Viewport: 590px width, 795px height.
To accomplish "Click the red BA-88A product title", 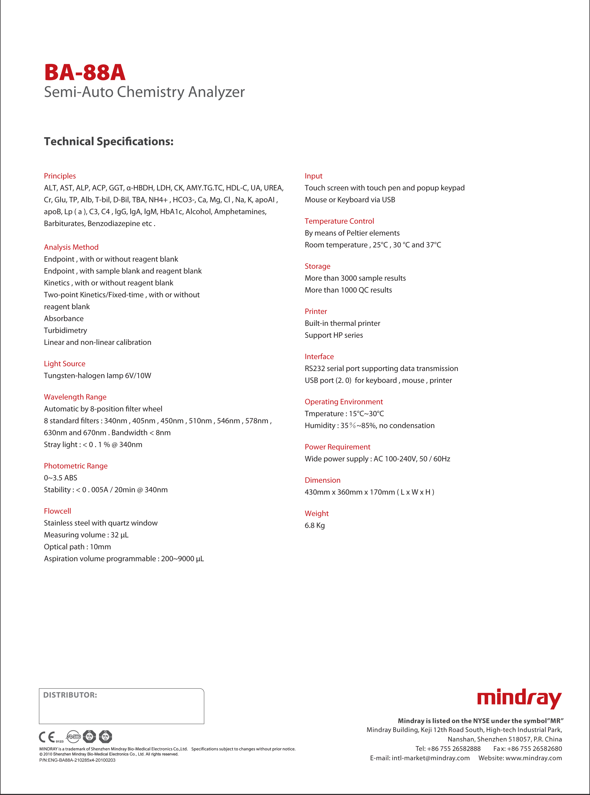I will [85, 73].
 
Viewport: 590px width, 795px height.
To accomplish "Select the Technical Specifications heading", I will [108, 141].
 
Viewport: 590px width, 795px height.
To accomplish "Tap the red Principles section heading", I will [60, 176].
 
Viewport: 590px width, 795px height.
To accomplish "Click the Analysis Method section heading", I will [71, 247].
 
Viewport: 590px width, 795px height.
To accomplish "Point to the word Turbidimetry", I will [65, 330].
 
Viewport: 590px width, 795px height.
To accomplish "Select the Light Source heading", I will [65, 364].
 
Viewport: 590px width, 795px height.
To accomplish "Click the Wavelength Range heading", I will [75, 397].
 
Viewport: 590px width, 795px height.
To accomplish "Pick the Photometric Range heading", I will [76, 466].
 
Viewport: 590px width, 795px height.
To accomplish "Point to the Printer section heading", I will [316, 311].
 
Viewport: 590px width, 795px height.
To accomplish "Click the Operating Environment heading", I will [344, 402].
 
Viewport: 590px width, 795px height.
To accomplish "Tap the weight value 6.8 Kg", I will [315, 525].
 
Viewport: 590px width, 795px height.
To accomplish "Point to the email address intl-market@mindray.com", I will [430, 758].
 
